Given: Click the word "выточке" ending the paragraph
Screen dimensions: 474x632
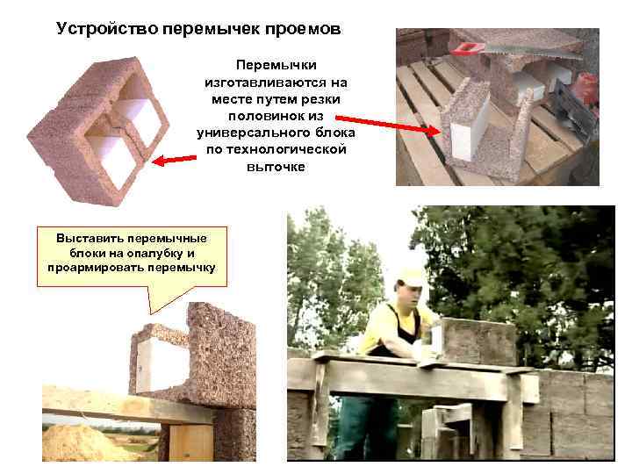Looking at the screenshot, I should pyautogui.click(x=276, y=167).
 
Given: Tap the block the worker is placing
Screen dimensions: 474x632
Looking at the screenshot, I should pyautogui.click(x=479, y=340).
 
